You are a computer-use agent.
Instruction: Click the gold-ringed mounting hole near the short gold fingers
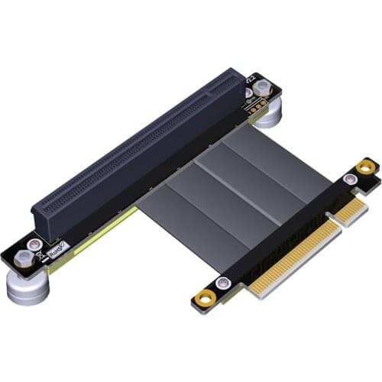coord(367,166)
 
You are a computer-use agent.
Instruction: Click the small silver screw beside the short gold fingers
coord(349,180)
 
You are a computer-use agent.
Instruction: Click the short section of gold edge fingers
coord(348,211)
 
